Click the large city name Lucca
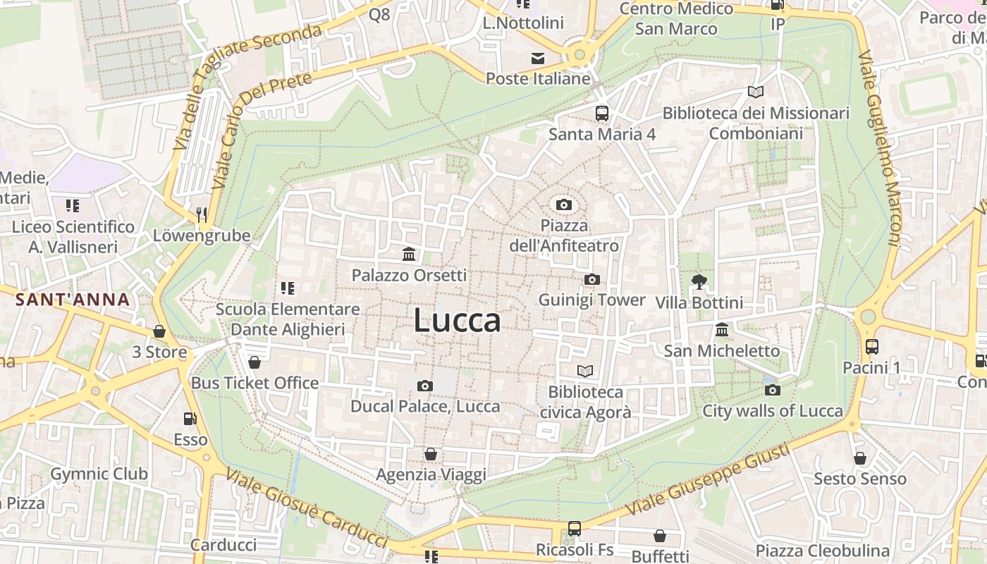pyautogui.click(x=457, y=321)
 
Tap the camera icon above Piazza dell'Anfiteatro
pyautogui.click(x=563, y=205)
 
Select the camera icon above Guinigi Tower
pyautogui.click(x=591, y=280)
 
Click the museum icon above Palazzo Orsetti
pyautogui.click(x=409, y=254)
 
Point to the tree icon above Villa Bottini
pyautogui.click(x=699, y=282)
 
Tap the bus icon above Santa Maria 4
pyautogui.click(x=601, y=114)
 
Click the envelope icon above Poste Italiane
pyautogui.click(x=538, y=58)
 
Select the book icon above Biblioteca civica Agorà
pyautogui.click(x=585, y=371)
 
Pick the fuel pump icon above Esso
pyautogui.click(x=190, y=419)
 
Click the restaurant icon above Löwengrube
pyautogui.click(x=202, y=214)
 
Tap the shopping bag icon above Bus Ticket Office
pyautogui.click(x=255, y=362)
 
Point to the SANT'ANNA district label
pyautogui.click(x=73, y=300)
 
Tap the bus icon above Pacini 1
pyautogui.click(x=872, y=347)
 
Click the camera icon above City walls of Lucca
pyautogui.click(x=772, y=390)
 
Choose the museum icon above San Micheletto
pyautogui.click(x=722, y=330)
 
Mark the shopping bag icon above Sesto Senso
pyautogui.click(x=859, y=458)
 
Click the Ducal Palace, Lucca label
pyautogui.click(x=425, y=407)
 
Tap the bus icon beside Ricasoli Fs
pyautogui.click(x=575, y=529)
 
